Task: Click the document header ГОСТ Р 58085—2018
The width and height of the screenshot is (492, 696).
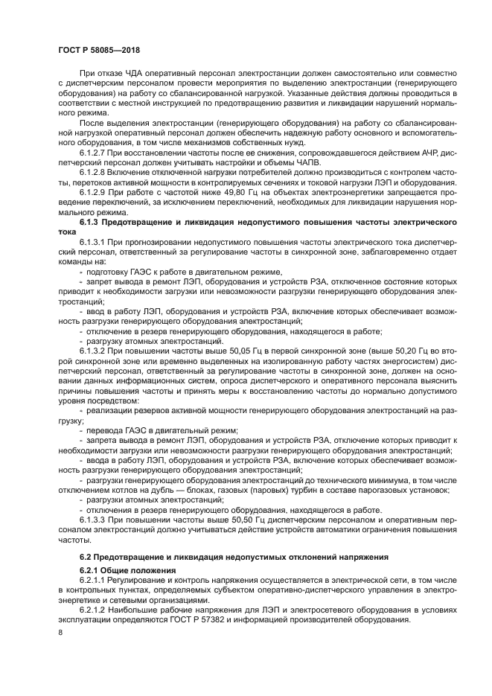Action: click(99, 51)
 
